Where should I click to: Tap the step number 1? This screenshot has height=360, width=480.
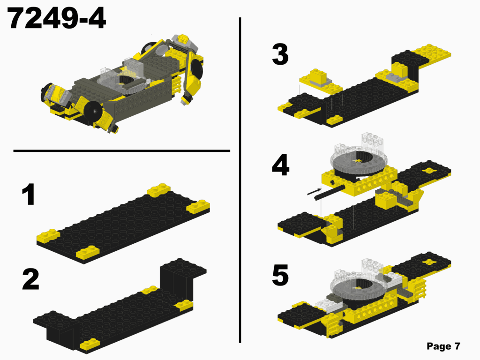point(28,195)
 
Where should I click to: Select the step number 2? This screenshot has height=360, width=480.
point(30,280)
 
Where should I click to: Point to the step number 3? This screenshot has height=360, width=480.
point(280,55)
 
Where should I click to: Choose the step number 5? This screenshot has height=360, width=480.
point(280,277)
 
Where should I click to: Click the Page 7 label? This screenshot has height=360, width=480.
point(443,346)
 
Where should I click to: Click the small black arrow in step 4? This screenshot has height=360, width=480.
point(314,191)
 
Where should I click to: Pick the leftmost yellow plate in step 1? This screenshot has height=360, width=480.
point(48,235)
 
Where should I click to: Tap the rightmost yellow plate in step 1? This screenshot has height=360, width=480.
point(198,207)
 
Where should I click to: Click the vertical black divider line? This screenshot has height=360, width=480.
point(240,178)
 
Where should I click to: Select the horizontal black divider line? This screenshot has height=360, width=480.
point(122,151)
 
